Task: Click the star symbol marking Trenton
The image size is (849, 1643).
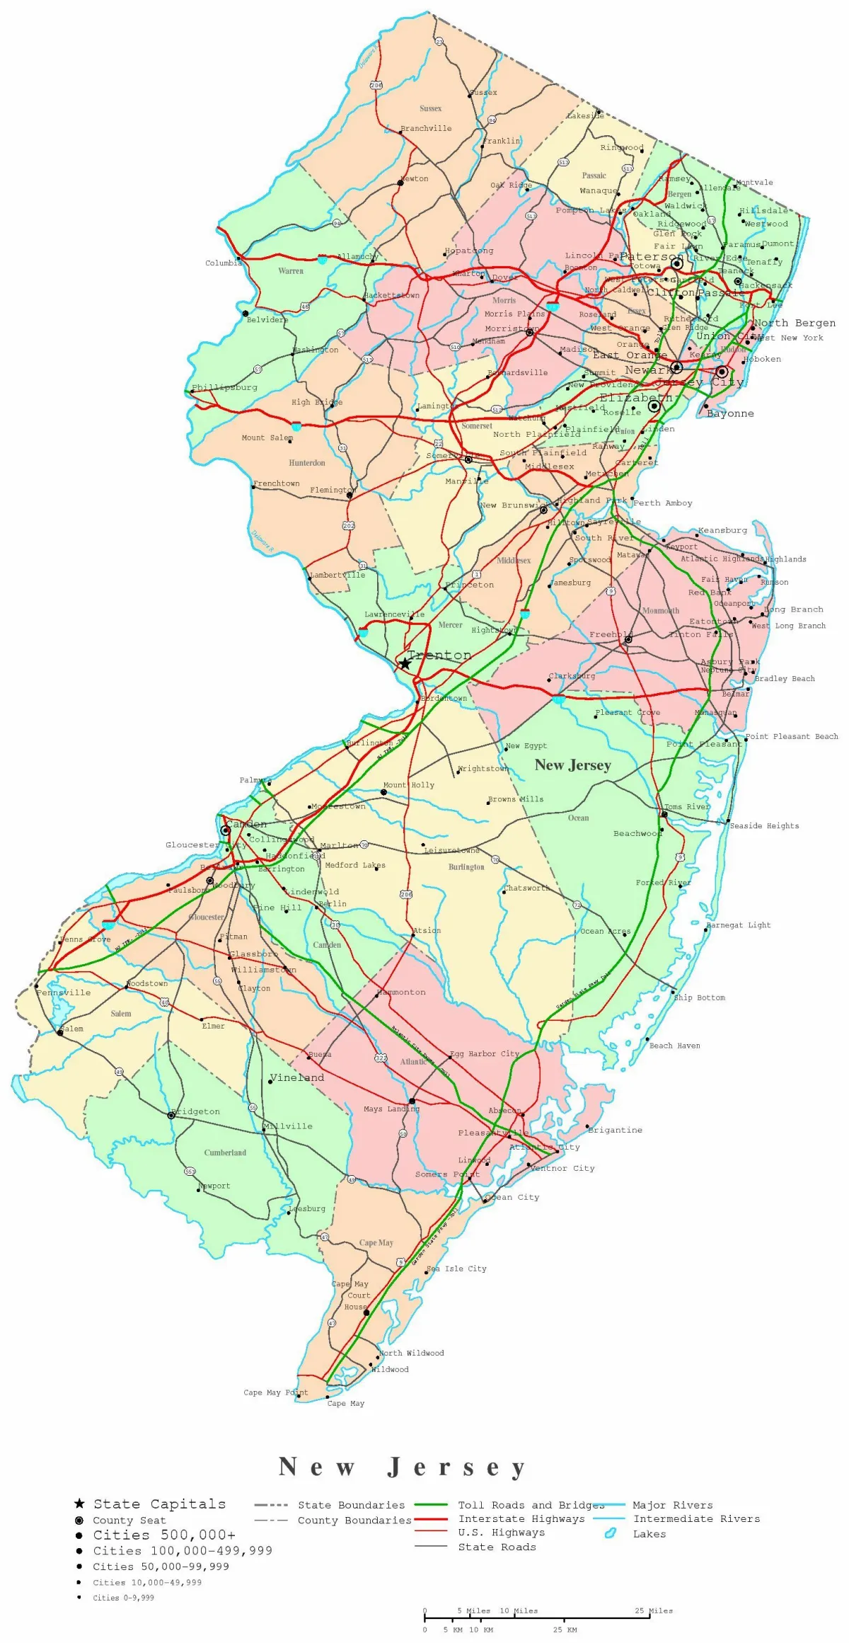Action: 405,663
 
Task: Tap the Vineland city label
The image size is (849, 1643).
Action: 297,1077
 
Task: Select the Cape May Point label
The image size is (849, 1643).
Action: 275,1392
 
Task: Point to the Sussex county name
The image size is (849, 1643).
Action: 430,108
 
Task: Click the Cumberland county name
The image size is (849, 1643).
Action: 225,1152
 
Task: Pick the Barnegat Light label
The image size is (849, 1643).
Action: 739,925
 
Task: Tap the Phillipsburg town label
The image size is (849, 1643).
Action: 225,387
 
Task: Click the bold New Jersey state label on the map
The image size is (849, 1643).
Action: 572,765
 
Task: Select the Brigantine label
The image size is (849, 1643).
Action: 616,1130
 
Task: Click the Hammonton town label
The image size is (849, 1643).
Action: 402,992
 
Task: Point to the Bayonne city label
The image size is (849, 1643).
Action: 731,413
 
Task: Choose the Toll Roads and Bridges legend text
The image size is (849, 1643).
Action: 531,1505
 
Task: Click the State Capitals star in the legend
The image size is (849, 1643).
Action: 79,1504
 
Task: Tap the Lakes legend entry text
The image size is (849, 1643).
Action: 649,1534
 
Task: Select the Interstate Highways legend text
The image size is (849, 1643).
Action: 521,1518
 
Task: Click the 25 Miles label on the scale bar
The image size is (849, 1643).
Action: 654,1610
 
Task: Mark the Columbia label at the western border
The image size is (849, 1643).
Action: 224,263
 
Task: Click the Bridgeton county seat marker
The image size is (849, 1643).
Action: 171,1115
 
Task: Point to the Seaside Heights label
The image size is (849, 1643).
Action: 764,825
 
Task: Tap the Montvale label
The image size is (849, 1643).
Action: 755,183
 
